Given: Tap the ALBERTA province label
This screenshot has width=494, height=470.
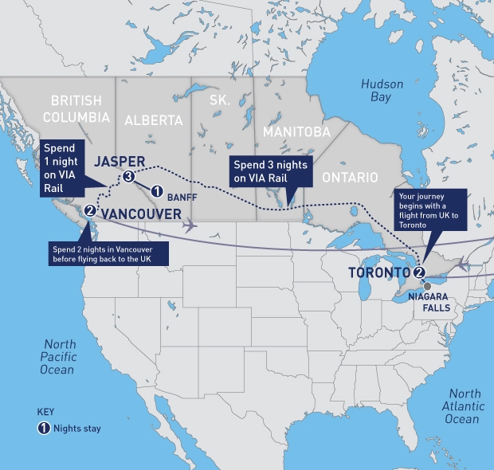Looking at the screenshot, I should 154,120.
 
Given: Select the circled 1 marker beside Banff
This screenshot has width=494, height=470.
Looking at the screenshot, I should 157,191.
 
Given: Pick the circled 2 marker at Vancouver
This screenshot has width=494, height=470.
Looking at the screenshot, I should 90,211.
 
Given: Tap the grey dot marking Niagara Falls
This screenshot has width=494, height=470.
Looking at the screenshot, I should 427,285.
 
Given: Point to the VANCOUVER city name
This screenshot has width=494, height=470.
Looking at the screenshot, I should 140,213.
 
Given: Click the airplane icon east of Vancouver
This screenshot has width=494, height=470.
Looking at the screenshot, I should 190,225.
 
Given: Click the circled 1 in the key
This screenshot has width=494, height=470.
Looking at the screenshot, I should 45,428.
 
